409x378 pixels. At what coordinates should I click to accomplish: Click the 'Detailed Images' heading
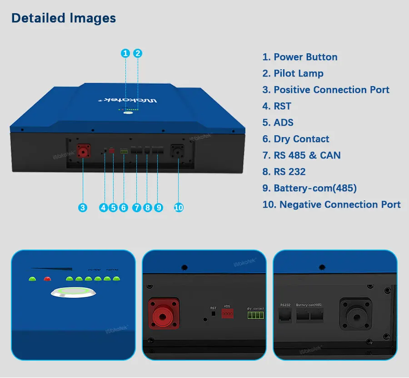tap(64, 18)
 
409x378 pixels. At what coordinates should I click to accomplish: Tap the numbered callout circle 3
tap(82, 208)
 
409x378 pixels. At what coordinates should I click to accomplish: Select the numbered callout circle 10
tap(179, 208)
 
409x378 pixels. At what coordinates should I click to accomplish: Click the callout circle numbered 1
tap(125, 53)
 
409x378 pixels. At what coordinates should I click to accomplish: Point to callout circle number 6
tap(123, 208)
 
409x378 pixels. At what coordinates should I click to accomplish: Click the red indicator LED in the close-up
tap(47, 279)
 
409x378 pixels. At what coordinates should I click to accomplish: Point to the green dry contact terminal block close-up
tap(255, 315)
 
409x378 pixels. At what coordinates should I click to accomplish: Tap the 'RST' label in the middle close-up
tap(214, 308)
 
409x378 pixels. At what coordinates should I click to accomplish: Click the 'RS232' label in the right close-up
tap(285, 305)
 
